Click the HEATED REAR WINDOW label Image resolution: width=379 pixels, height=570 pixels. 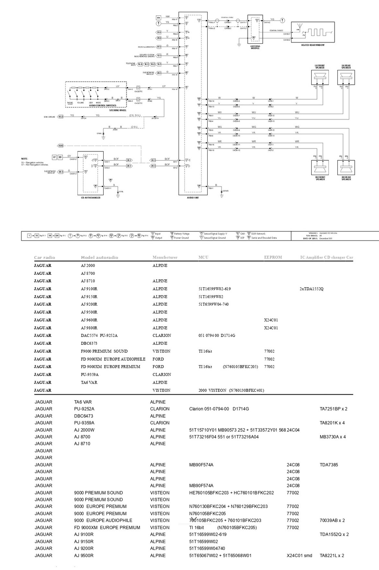click(313, 45)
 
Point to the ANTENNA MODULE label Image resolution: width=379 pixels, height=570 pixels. click(255, 47)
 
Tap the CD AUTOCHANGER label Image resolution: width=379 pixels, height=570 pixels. click(90, 198)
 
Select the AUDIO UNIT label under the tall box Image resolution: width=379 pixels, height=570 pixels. click(193, 198)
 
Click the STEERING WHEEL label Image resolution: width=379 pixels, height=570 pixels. click(118, 110)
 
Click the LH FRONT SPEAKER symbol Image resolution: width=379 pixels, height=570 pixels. click(320, 78)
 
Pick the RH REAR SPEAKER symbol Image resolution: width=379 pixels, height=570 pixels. click(346, 168)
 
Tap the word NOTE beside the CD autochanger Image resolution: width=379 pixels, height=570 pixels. click(25, 159)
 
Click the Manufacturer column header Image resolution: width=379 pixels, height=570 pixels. click(165, 257)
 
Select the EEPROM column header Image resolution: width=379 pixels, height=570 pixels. click(273, 257)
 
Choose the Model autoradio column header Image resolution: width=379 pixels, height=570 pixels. click(99, 258)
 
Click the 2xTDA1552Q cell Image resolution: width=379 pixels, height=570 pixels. click(311, 289)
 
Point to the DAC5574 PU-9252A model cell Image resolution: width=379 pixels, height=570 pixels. click(99, 335)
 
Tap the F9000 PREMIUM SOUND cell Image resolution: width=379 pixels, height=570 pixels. click(104, 351)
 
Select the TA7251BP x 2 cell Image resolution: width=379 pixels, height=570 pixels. click(333, 409)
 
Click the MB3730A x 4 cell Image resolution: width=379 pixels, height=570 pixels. click(332, 437)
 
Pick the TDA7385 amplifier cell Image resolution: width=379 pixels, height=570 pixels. click(328, 465)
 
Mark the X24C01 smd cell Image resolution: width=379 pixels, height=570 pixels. click(299, 555)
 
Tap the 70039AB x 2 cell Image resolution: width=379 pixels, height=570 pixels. click(332, 520)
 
